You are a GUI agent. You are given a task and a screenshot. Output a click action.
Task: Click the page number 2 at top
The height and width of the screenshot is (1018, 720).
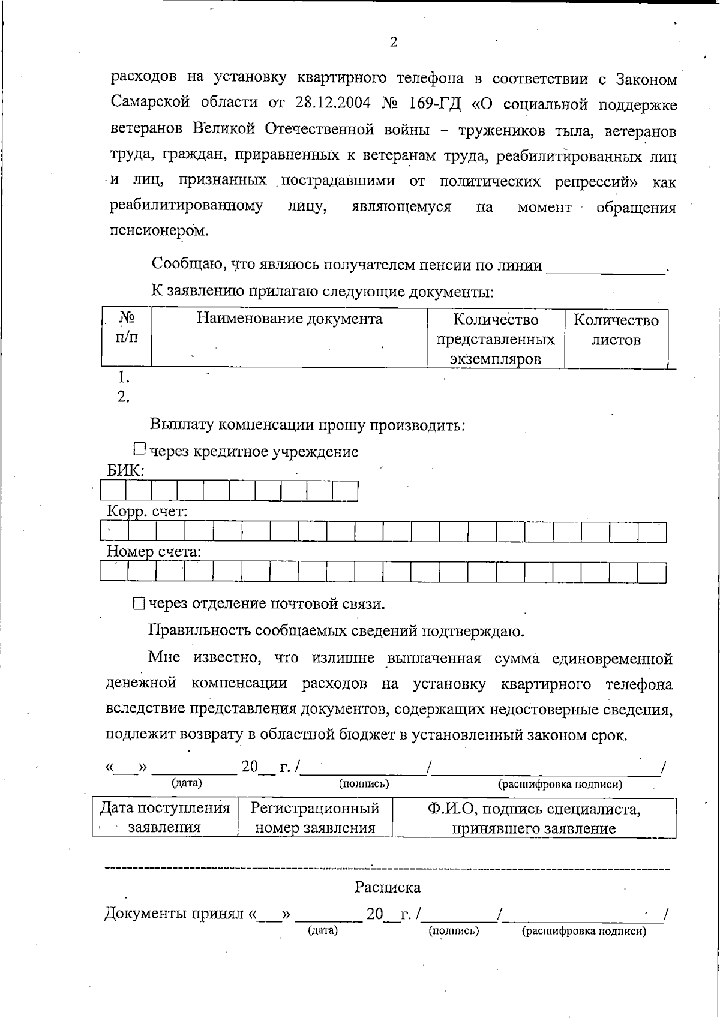pyautogui.click(x=394, y=42)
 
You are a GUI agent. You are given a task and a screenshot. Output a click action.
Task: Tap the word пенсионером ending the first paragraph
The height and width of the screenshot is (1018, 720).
pyautogui.click(x=159, y=231)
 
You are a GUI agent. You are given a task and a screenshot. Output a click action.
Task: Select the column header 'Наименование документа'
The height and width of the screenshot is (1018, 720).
pyautogui.click(x=290, y=319)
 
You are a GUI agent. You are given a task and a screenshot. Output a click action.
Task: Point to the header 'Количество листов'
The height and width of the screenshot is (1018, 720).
pyautogui.click(x=616, y=330)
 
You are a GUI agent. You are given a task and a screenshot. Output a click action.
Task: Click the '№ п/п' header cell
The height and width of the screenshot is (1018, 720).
pyautogui.click(x=127, y=327)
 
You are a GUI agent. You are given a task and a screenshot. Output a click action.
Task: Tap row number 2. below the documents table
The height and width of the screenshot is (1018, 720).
pyautogui.click(x=123, y=397)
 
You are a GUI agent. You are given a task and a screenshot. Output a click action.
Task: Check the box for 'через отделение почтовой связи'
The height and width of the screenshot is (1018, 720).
pyautogui.click(x=139, y=604)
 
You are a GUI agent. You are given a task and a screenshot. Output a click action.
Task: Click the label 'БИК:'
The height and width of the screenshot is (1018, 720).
pyautogui.click(x=125, y=470)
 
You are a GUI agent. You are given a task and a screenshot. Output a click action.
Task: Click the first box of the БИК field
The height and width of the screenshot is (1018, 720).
pyautogui.click(x=113, y=491)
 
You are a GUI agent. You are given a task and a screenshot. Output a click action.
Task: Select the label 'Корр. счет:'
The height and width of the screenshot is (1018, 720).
pyautogui.click(x=147, y=512)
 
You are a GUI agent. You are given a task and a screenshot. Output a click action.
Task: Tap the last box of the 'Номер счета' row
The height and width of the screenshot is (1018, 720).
pyautogui.click(x=652, y=572)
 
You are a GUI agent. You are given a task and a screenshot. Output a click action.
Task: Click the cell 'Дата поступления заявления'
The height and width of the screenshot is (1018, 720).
pyautogui.click(x=165, y=818)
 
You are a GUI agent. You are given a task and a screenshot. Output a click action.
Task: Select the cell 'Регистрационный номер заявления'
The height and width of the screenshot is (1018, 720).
pyautogui.click(x=315, y=818)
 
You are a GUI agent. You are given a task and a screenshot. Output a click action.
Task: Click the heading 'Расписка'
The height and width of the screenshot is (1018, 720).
pyautogui.click(x=388, y=887)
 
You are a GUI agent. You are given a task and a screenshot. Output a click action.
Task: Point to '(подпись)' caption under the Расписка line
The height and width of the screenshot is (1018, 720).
pyautogui.click(x=454, y=931)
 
